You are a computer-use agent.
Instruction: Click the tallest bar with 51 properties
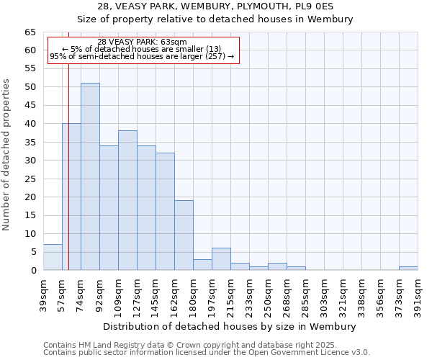(90, 176)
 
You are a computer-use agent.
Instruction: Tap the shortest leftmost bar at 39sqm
(53, 257)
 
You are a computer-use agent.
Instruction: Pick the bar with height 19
(184, 235)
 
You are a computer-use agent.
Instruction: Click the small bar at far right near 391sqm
(408, 269)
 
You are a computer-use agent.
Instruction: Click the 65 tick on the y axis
(30, 32)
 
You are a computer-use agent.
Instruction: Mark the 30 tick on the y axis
(30, 161)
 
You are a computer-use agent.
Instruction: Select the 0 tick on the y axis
(33, 271)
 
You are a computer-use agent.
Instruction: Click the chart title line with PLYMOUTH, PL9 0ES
(216, 6)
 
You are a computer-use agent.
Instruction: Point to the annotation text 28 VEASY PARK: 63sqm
(142, 42)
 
